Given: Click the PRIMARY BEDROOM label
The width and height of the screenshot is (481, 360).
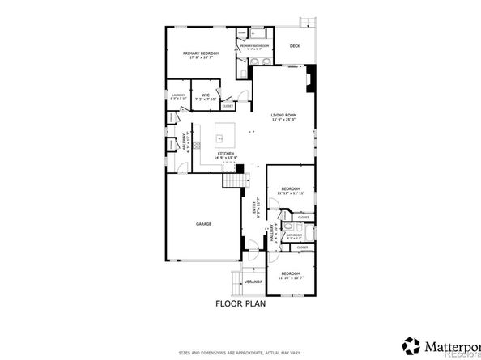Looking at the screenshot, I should click(x=202, y=52).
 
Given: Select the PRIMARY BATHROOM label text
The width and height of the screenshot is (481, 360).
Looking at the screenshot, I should click(x=255, y=46).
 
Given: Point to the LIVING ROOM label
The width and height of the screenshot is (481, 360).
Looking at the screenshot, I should click(x=283, y=116).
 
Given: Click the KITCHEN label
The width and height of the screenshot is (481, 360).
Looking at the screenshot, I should click(x=225, y=153).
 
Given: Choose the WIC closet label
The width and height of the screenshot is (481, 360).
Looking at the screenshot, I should click(x=206, y=95).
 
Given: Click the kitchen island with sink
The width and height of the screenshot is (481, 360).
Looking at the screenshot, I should click(x=224, y=132).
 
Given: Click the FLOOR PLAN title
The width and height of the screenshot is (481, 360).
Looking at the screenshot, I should click(x=240, y=304).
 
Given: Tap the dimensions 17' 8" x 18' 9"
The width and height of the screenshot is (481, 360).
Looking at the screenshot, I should click(x=202, y=57).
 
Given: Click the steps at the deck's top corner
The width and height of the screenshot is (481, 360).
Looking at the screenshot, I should click(x=308, y=21).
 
